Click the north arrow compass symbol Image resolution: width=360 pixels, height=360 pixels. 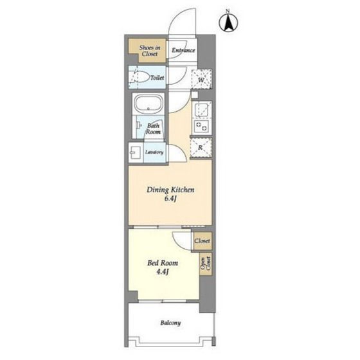[x=228, y=22]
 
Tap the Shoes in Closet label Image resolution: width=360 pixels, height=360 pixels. [x=150, y=51]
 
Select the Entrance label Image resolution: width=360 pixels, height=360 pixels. [x=183, y=50]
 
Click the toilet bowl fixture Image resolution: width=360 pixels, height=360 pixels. [x=139, y=77]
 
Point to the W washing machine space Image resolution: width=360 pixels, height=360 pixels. [x=201, y=79]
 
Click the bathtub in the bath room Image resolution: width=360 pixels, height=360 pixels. [x=148, y=104]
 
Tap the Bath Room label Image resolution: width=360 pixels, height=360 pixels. [x=153, y=129]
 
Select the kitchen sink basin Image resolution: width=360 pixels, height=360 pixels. [x=202, y=110]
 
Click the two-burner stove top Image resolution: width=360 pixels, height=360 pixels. [x=202, y=126]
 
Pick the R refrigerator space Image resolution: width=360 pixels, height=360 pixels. [x=201, y=148]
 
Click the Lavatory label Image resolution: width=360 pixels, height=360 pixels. [x=154, y=152]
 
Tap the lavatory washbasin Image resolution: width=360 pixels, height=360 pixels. [x=135, y=153]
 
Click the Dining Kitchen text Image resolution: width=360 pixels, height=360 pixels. [x=170, y=190]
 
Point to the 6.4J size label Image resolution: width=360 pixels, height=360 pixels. [x=170, y=199]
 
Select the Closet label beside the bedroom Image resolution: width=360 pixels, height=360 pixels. [x=203, y=241]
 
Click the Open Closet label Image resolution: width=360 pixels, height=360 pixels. [x=206, y=264]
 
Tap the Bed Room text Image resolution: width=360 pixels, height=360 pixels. [x=163, y=263]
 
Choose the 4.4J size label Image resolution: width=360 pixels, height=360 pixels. [x=163, y=272]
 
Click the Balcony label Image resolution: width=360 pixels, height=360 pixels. [x=170, y=323]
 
